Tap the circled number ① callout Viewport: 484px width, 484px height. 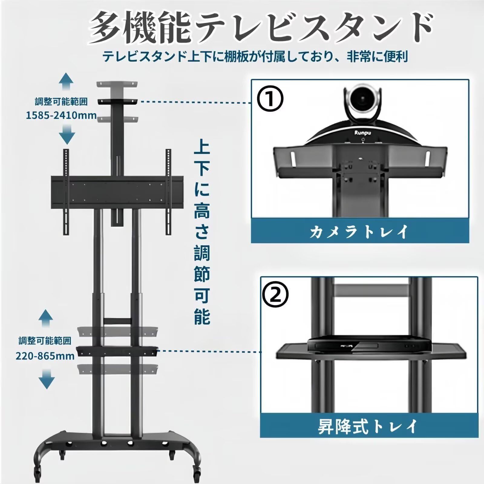[x=270, y=99]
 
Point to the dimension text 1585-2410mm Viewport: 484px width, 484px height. [x=61, y=115]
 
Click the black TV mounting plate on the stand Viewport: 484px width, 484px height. [x=116, y=192]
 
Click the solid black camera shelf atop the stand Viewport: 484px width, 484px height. [x=117, y=101]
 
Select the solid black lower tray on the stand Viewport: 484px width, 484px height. [x=118, y=351]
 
